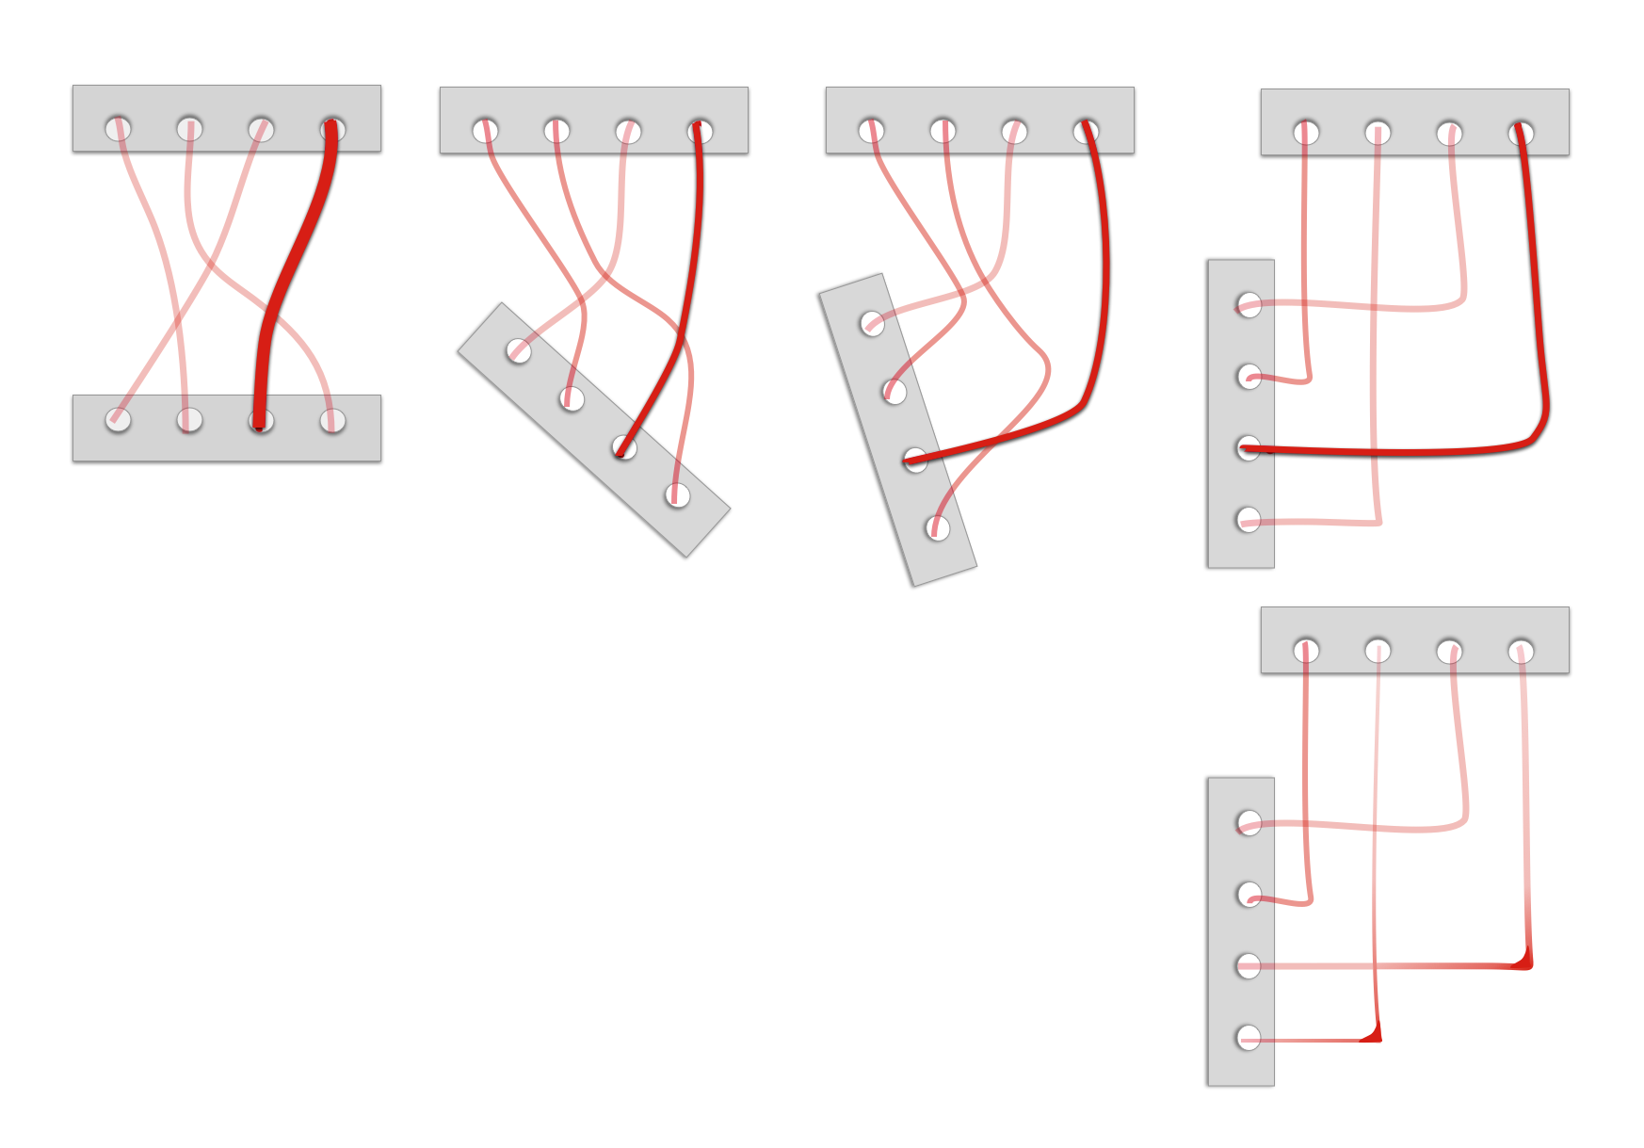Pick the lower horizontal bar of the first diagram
click(226, 443)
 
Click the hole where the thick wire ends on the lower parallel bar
click(261, 420)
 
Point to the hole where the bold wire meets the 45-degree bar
click(624, 447)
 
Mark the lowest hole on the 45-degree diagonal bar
click(677, 495)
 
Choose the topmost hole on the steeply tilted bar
click(873, 324)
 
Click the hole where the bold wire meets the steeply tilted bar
click(915, 460)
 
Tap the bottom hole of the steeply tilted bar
click(937, 527)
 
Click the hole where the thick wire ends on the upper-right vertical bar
click(1249, 448)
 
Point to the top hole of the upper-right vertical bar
click(1249, 305)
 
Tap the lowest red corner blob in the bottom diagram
click(1373, 1035)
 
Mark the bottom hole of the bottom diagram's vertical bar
click(1249, 1038)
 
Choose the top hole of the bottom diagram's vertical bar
click(1249, 823)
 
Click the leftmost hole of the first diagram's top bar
click(118, 128)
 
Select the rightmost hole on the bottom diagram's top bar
click(1521, 651)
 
